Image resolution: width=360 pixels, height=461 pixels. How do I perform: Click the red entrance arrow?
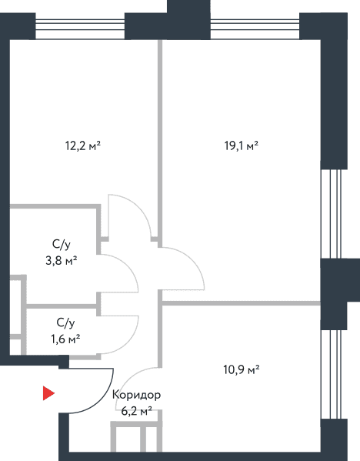(x=48, y=393)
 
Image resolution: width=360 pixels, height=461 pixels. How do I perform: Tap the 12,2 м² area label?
(x=83, y=145)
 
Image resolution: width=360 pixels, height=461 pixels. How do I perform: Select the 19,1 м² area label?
(x=242, y=145)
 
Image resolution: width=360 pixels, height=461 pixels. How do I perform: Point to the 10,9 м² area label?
(x=242, y=369)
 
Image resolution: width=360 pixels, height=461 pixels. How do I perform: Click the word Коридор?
(x=136, y=395)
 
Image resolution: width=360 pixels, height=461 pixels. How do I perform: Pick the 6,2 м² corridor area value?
(x=136, y=411)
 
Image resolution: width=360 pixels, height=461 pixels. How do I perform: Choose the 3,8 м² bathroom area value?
(x=62, y=260)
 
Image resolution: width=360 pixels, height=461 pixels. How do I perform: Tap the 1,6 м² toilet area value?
(x=65, y=339)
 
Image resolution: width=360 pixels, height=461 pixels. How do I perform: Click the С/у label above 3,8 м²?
(x=62, y=245)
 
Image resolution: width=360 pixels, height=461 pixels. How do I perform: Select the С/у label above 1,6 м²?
(x=65, y=323)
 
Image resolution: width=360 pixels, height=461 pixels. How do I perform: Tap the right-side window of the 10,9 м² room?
(x=331, y=374)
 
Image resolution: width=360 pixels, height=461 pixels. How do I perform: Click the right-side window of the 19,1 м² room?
(x=331, y=214)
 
